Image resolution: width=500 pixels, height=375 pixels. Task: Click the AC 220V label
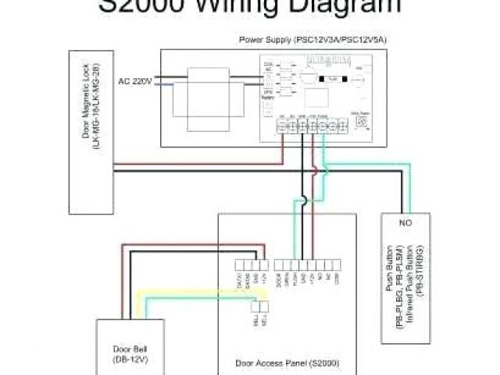pyautogui.click(x=134, y=80)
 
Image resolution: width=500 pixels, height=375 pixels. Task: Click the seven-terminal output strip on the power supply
pyautogui.click(x=309, y=127)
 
